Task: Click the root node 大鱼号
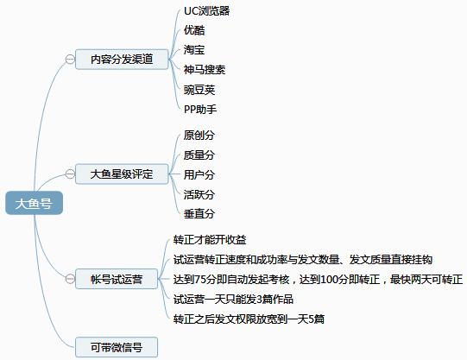[34, 203]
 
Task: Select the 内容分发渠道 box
[122, 60]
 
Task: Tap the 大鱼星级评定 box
[122, 174]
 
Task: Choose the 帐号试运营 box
[117, 279]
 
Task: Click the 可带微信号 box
[117, 347]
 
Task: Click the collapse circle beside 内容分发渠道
[70, 60]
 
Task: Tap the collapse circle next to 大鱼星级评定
[70, 174]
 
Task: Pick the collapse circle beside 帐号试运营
[70, 279]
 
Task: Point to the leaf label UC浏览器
[206, 11]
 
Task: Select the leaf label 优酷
[194, 30]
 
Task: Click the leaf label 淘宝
[194, 50]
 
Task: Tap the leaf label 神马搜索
[205, 70]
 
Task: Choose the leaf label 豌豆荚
[199, 90]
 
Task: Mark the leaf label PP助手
[200, 110]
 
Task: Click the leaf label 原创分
[199, 135]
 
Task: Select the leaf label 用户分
[199, 174]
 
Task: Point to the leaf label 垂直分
[199, 213]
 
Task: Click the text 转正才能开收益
[210, 240]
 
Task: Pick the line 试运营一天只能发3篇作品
[233, 299]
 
